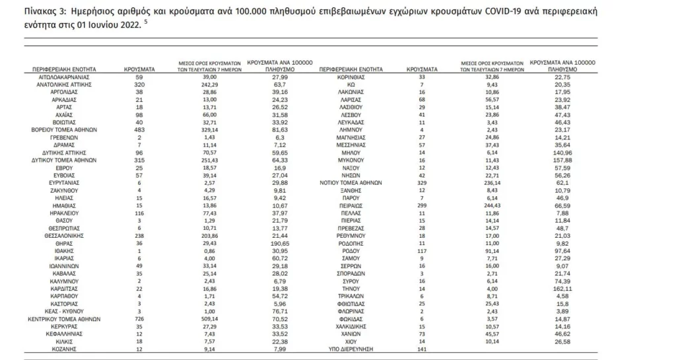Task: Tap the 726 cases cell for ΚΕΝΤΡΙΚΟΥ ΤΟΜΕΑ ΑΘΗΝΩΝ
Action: coord(139,318)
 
